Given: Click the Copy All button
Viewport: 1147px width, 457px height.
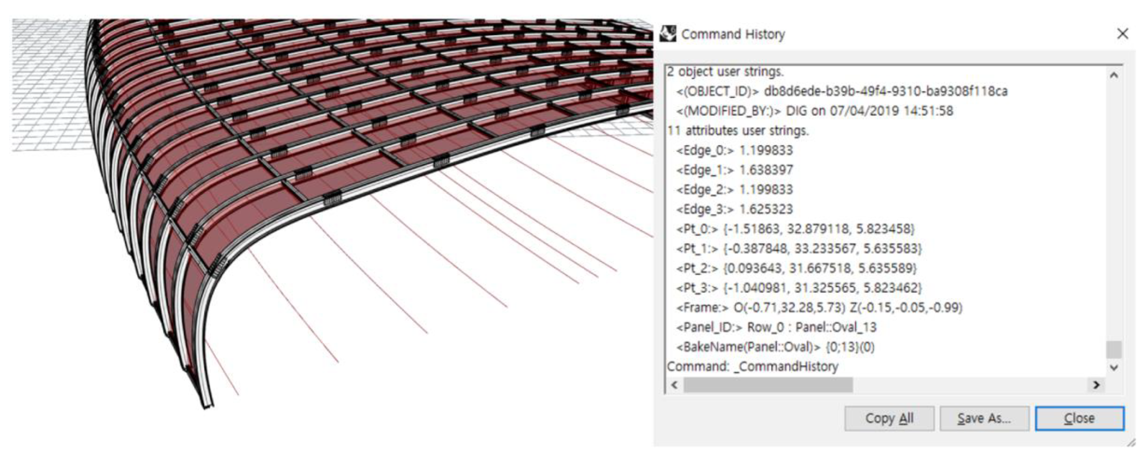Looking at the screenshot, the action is (x=889, y=418).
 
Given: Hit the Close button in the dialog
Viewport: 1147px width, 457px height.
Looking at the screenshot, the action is (x=1079, y=418).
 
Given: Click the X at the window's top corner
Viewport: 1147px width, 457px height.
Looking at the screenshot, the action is (x=1122, y=34).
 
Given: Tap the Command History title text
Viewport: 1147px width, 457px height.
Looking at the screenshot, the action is (x=733, y=34).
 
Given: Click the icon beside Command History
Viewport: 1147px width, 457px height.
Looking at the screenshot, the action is (x=668, y=34).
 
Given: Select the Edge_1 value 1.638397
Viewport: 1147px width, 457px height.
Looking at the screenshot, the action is (x=766, y=170).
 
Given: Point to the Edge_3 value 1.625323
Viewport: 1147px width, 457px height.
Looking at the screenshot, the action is (x=766, y=209).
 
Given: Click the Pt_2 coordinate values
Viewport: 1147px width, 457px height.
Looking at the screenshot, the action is (x=820, y=268).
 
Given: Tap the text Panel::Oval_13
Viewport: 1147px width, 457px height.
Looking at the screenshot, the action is (x=836, y=327).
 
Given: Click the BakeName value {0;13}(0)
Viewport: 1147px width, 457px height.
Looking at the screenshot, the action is (x=849, y=347).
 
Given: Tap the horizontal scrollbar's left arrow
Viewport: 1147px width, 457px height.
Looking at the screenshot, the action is (x=674, y=385).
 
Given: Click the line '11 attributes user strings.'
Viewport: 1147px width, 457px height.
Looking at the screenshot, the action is (x=738, y=131).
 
